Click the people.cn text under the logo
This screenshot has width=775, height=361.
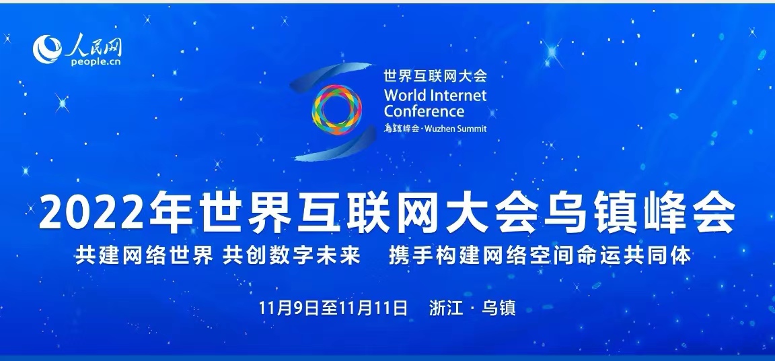tap(96, 62)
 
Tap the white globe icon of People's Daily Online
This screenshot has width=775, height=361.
tap(48, 49)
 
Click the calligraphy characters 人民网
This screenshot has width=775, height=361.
tap(94, 45)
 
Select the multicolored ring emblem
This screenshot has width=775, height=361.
tap(336, 110)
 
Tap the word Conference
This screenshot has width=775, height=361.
tap(424, 110)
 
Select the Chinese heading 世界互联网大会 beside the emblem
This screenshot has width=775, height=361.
tap(435, 75)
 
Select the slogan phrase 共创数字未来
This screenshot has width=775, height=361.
tap(291, 256)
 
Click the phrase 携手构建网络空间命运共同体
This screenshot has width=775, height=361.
tap(540, 256)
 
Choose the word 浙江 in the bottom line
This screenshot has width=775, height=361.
tap(446, 308)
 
